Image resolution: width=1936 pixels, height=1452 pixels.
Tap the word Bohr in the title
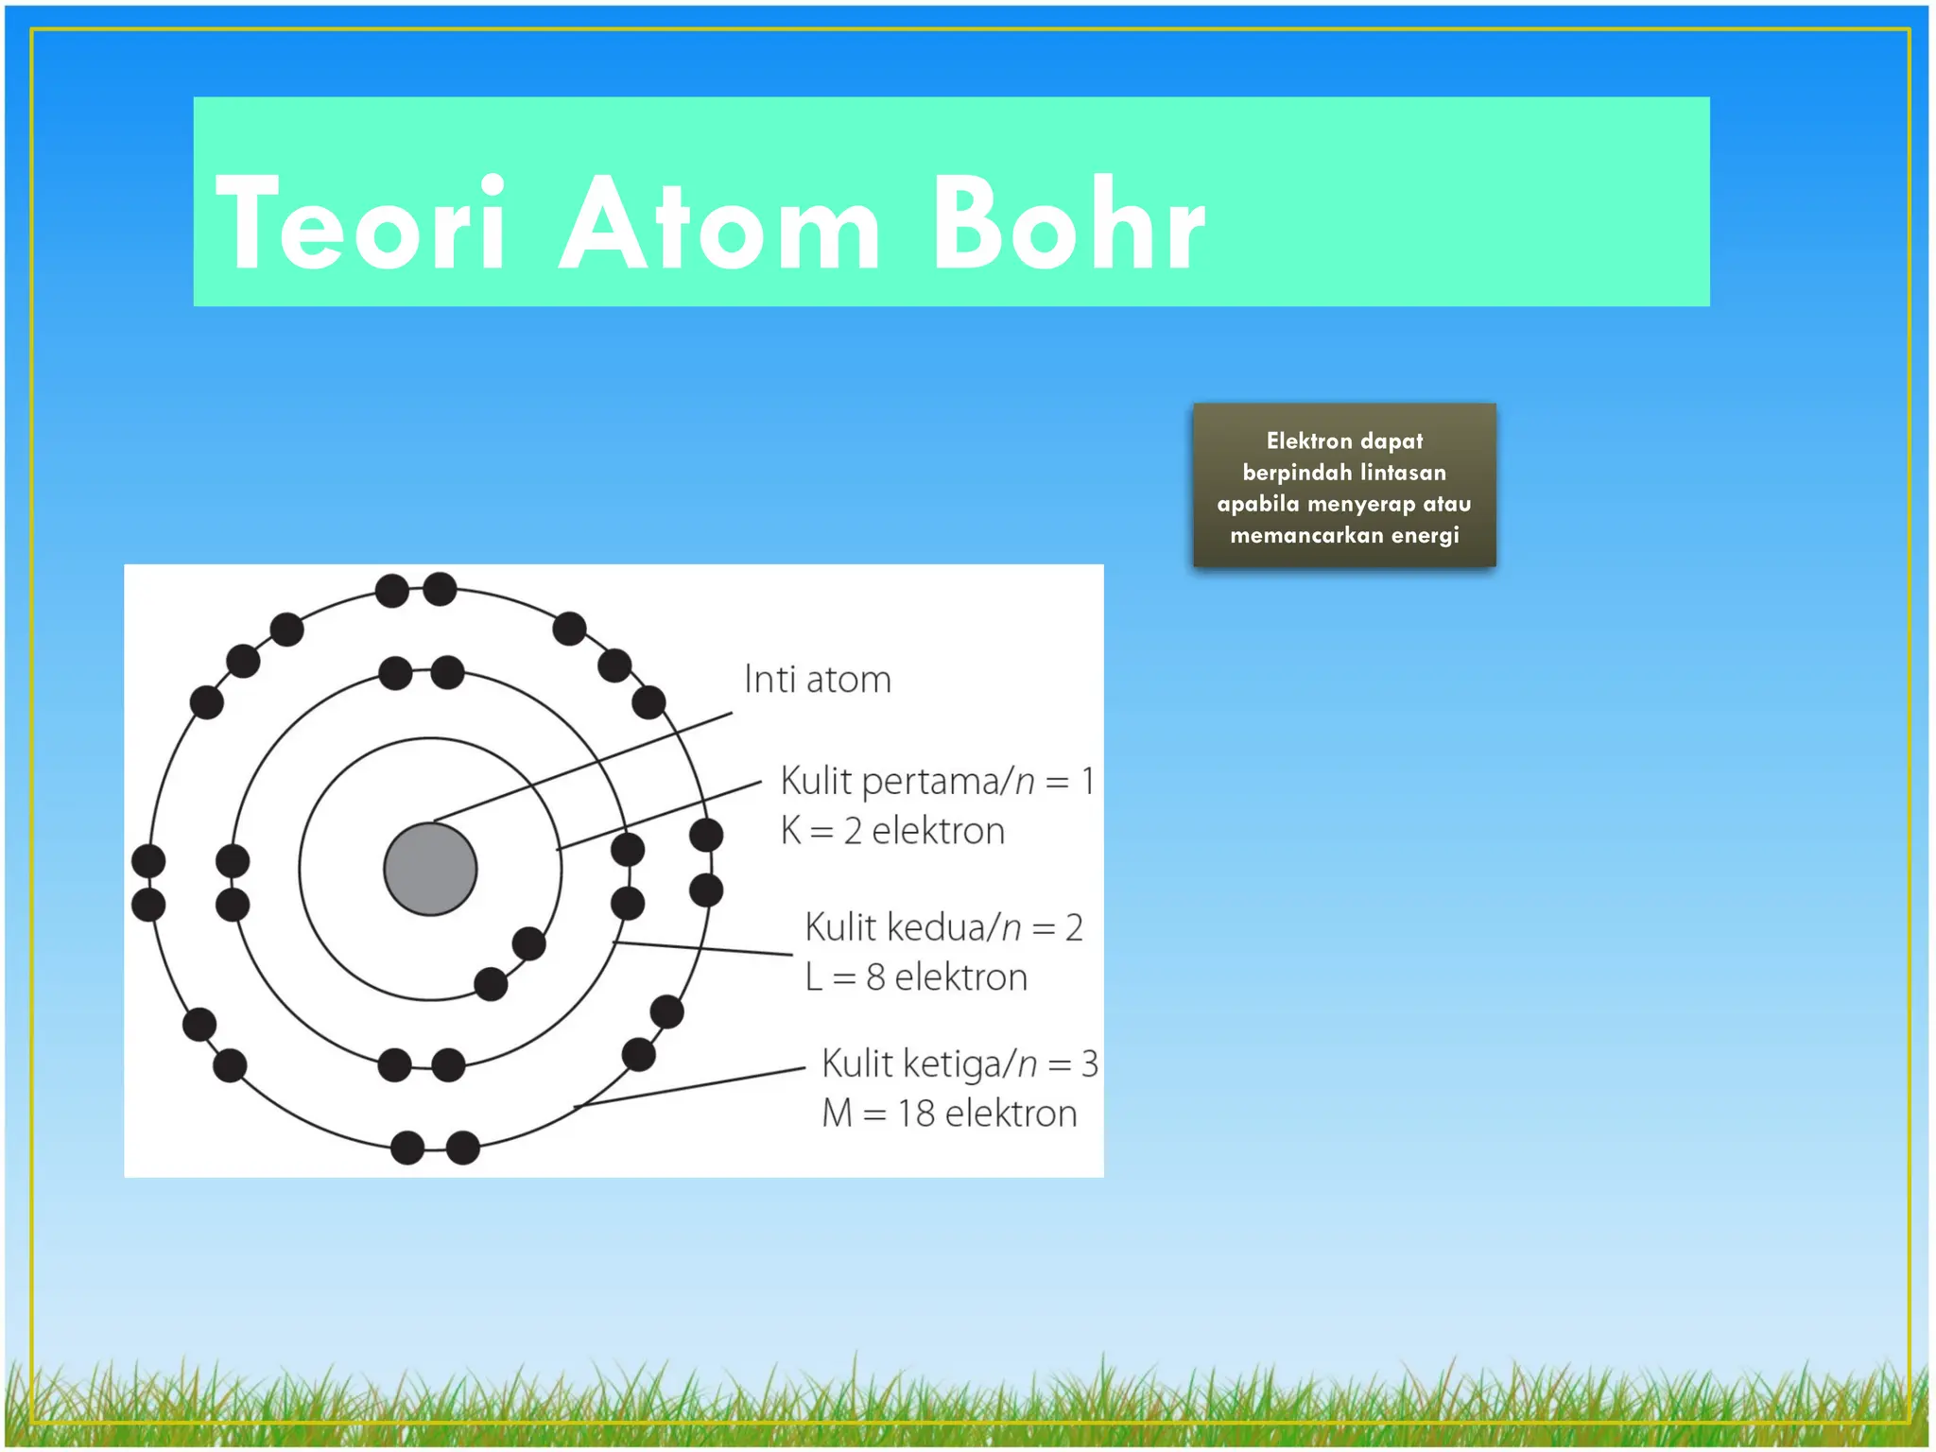(1068, 225)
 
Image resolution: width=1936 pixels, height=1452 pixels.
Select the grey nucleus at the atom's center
(430, 869)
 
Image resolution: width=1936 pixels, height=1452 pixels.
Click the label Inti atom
(817, 680)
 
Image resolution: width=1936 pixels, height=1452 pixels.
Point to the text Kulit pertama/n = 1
(937, 782)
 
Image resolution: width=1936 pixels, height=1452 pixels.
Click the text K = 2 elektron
(892, 831)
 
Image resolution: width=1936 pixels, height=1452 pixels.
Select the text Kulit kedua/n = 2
(943, 927)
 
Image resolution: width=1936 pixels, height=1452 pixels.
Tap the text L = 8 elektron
(916, 977)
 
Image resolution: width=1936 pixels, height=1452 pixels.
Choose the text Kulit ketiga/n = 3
(959, 1063)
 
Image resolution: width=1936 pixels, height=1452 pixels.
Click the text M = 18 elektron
(949, 1114)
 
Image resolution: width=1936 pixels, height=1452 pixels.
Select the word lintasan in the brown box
(1403, 473)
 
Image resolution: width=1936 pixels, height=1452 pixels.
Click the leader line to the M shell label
(690, 1088)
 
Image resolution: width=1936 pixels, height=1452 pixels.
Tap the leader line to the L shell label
(704, 948)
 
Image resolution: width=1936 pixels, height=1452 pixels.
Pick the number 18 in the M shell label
(915, 1114)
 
